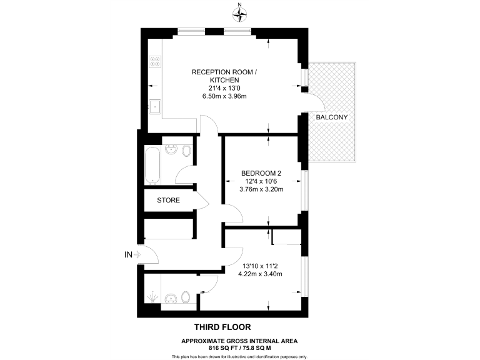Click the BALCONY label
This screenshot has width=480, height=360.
tap(331, 117)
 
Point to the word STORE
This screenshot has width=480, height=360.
tap(168, 201)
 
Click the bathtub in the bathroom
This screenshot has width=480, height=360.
tap(152, 165)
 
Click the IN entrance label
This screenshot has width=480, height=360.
tap(128, 254)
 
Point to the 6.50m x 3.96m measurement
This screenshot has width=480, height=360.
tap(224, 96)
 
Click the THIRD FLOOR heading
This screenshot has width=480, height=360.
tap(222, 327)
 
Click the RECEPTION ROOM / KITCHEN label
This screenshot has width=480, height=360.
tap(224, 76)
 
